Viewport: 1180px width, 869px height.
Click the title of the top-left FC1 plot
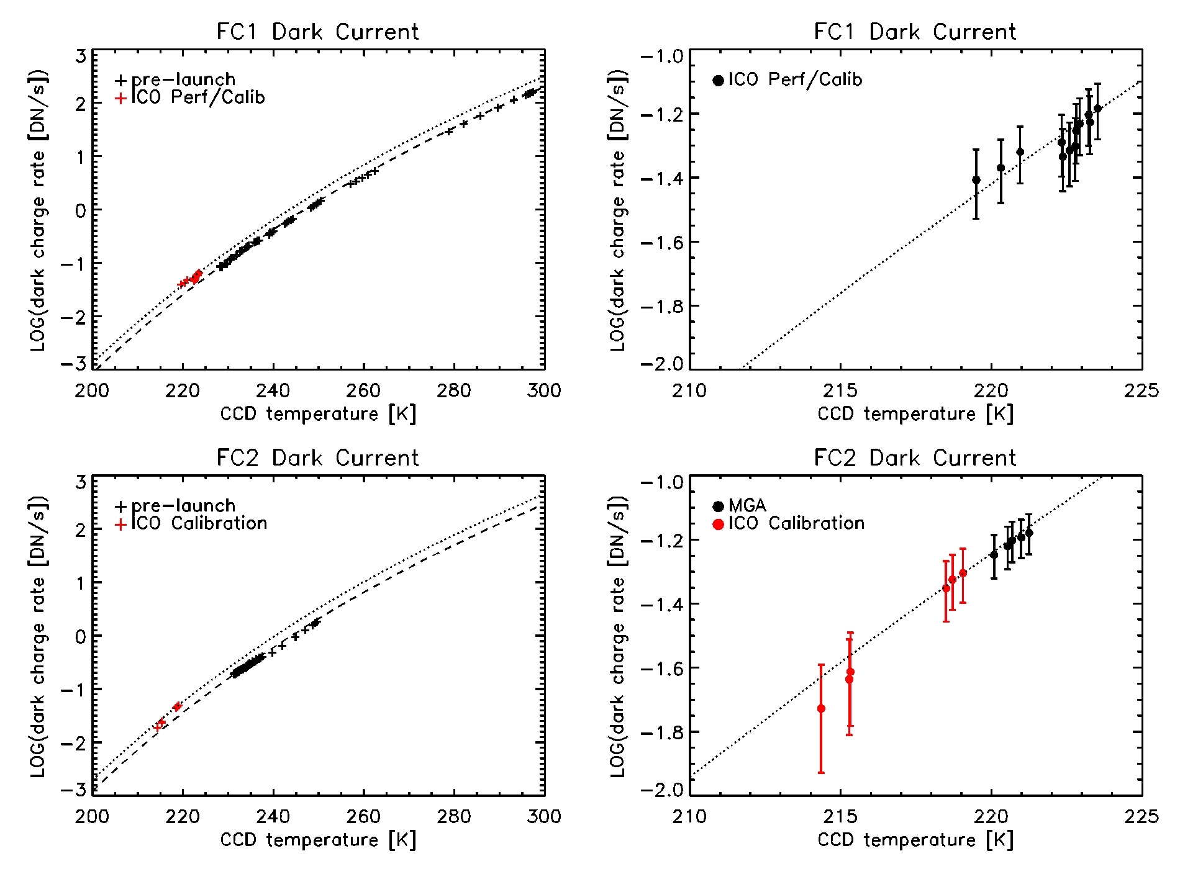(x=317, y=32)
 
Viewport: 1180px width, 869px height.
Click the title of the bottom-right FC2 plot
(x=915, y=458)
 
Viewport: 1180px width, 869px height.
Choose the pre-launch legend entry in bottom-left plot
(x=176, y=506)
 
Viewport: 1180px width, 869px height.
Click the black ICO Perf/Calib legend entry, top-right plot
(x=787, y=80)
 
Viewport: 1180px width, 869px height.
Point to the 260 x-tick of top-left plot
(x=363, y=390)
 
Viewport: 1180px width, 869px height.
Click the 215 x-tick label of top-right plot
(x=840, y=390)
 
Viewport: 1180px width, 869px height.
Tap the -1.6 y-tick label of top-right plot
(x=662, y=242)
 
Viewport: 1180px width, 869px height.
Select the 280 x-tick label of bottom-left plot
(x=454, y=817)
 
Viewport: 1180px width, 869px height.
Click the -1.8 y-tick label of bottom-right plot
(x=662, y=732)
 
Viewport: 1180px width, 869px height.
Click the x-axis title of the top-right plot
(x=915, y=414)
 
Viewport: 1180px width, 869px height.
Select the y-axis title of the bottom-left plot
(x=39, y=636)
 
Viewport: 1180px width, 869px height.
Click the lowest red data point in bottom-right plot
(x=821, y=708)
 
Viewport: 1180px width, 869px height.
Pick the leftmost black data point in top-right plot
(x=976, y=180)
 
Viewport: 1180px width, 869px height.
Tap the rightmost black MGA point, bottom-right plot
(x=1029, y=533)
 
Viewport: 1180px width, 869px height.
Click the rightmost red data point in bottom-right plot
(x=963, y=573)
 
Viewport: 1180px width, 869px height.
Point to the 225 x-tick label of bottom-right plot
(x=1141, y=817)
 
